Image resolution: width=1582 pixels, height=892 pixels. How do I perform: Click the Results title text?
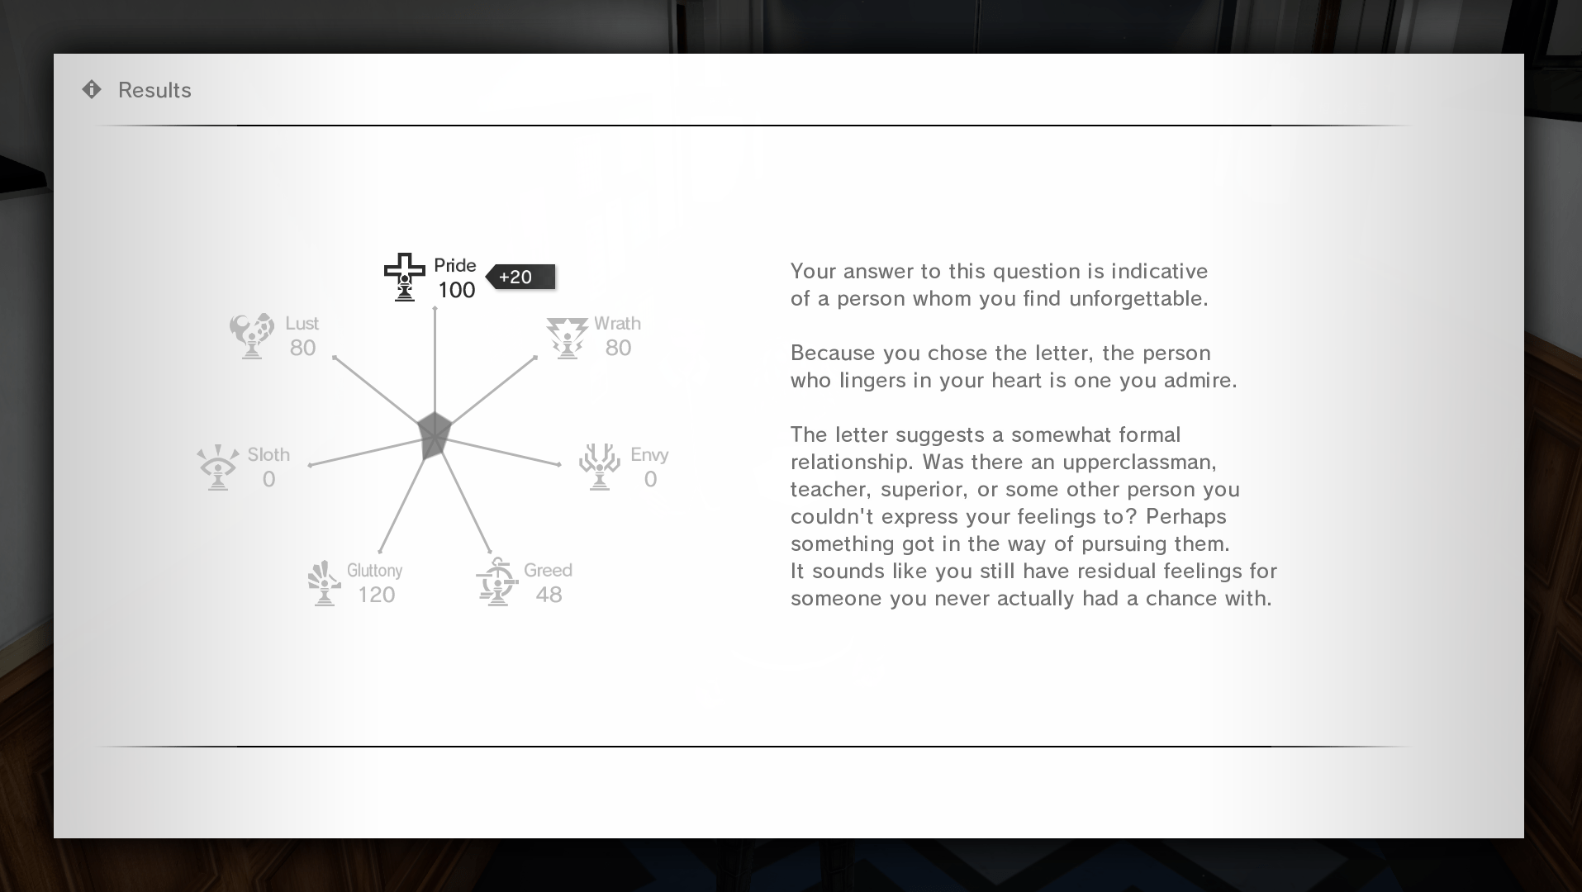click(x=154, y=90)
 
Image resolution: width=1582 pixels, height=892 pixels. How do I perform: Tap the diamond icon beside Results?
click(x=92, y=89)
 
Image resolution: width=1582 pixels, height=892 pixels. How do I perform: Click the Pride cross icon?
click(x=404, y=277)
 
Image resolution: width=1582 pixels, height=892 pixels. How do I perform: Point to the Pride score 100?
click(x=456, y=290)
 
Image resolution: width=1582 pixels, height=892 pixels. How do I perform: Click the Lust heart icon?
click(x=251, y=334)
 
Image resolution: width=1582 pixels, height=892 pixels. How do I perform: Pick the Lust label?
click(x=302, y=323)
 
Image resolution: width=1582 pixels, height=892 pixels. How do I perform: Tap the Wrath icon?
click(x=567, y=336)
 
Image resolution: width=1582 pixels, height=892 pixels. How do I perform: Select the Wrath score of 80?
click(x=618, y=348)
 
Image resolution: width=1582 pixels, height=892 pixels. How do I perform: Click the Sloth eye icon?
click(x=218, y=467)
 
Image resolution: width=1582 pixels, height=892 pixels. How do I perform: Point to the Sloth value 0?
click(x=268, y=479)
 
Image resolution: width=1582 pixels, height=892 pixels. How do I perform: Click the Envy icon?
click(x=600, y=467)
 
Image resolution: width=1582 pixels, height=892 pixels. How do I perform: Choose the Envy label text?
click(x=649, y=454)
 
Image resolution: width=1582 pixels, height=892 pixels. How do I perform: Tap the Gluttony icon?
click(x=324, y=582)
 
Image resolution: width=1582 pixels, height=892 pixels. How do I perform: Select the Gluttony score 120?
click(x=376, y=595)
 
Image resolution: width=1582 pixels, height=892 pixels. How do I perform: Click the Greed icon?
click(x=496, y=581)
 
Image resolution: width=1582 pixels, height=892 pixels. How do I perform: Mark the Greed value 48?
click(x=549, y=595)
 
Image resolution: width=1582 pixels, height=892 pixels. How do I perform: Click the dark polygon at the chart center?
click(x=434, y=434)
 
